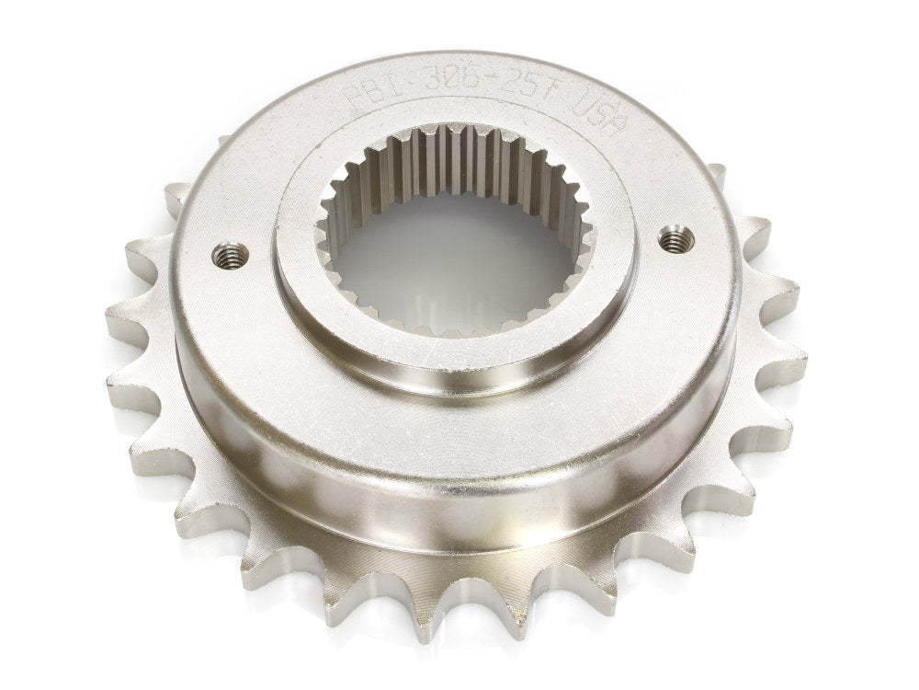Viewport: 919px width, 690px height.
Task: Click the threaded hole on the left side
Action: point(230,255)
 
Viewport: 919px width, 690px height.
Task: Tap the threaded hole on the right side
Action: point(675,240)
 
